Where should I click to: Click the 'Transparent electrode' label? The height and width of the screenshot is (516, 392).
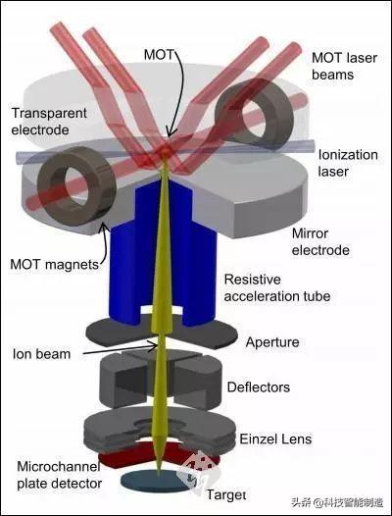49,122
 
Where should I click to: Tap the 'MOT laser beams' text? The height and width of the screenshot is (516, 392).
344,66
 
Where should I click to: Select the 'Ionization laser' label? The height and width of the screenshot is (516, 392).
348,163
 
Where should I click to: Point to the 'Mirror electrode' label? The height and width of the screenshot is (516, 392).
320,242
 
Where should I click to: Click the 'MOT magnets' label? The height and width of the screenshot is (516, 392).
55,264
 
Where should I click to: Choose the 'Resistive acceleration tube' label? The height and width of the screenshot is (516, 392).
277,288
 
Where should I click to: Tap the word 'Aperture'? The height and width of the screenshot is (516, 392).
272,342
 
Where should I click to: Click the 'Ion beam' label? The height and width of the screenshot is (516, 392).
42,354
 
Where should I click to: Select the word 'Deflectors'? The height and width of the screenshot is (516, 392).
259,387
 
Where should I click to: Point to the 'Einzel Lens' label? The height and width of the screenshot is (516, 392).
275,439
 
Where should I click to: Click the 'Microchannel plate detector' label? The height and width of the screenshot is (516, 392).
59,475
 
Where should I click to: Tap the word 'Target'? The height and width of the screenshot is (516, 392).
226,494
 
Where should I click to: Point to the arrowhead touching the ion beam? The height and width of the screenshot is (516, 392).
154,346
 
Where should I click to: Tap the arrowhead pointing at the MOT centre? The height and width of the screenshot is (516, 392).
169,132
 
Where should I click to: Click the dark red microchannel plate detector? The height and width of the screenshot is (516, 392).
158,456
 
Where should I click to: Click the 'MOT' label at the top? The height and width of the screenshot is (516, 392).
158,55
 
